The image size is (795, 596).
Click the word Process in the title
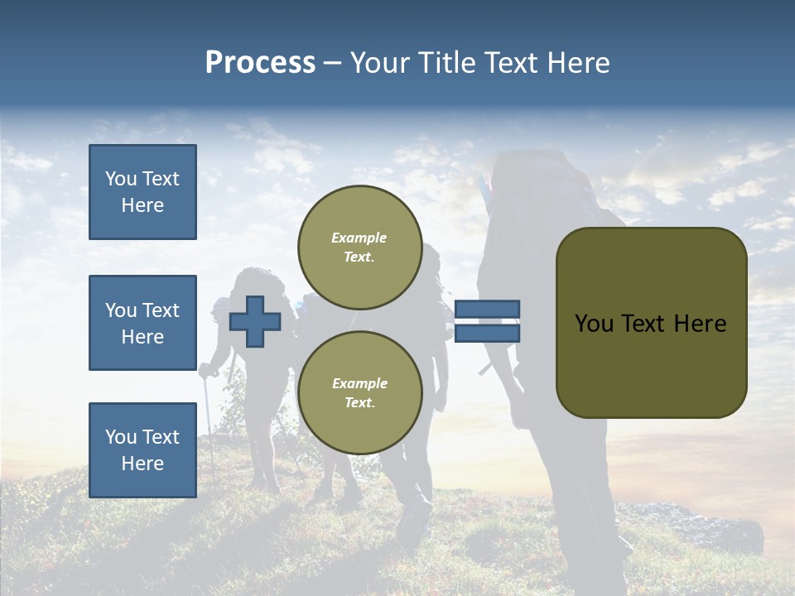coord(260,63)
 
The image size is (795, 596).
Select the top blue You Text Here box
coord(142,192)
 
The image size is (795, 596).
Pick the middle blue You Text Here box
coord(142,323)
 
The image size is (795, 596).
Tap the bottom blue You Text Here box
coord(142,449)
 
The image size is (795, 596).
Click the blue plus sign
coord(254,322)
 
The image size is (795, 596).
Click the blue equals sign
coord(487,321)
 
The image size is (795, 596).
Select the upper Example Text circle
coord(359,247)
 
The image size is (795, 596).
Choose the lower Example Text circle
coord(359,392)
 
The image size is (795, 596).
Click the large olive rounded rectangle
coord(651,323)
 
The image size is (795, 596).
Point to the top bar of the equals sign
coord(487,310)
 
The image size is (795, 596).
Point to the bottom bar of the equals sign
coord(487,333)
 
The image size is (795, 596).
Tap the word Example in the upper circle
coord(359,238)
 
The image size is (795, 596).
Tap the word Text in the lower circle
coord(359,402)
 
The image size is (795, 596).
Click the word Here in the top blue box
coord(142,205)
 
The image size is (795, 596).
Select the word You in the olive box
coord(594,324)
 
